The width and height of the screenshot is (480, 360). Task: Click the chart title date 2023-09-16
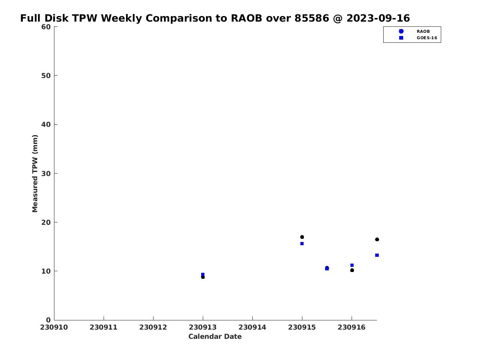pyautogui.click(x=378, y=18)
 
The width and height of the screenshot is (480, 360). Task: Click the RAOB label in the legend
pyautogui.click(x=423, y=31)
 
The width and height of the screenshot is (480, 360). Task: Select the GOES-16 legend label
pyautogui.click(x=427, y=38)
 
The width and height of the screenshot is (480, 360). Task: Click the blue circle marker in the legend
pyautogui.click(x=401, y=31)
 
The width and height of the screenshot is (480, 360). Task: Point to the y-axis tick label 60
pyautogui.click(x=46, y=27)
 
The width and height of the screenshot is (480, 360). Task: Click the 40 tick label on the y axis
pyautogui.click(x=46, y=124)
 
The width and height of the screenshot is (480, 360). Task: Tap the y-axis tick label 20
pyautogui.click(x=46, y=222)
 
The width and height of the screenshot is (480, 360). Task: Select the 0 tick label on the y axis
pyautogui.click(x=48, y=320)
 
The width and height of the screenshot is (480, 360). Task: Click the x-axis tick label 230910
pyautogui.click(x=54, y=327)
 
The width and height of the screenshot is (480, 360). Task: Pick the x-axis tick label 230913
pyautogui.click(x=202, y=327)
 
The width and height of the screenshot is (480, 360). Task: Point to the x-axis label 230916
pyautogui.click(x=352, y=327)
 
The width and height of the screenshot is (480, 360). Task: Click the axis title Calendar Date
pyautogui.click(x=215, y=336)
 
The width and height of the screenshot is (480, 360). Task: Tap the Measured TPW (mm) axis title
pyautogui.click(x=35, y=173)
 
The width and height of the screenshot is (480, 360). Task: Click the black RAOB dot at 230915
pyautogui.click(x=302, y=237)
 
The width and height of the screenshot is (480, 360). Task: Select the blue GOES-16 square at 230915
pyautogui.click(x=302, y=244)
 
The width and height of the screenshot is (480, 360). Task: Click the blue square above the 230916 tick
pyautogui.click(x=352, y=265)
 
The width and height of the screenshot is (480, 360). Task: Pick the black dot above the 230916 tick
pyautogui.click(x=352, y=270)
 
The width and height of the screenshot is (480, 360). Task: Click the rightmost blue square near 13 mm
pyautogui.click(x=377, y=255)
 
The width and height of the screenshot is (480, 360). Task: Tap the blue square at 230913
pyautogui.click(x=203, y=274)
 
